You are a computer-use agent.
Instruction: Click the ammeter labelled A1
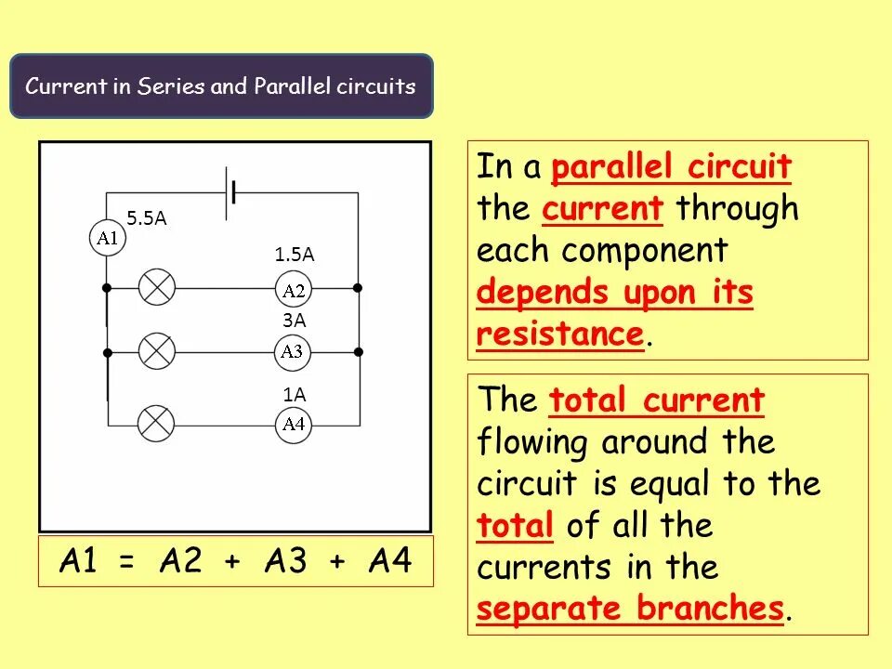click(108, 238)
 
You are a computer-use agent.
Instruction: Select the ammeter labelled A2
click(294, 291)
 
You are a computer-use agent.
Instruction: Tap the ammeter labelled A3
click(293, 351)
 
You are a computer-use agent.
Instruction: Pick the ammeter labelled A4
click(294, 425)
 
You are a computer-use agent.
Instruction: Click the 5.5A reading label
click(147, 217)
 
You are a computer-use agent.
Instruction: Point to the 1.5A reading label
click(294, 254)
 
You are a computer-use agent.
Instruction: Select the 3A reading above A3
click(295, 320)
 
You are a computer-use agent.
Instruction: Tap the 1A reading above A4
click(295, 394)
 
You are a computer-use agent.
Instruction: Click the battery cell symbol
click(231, 193)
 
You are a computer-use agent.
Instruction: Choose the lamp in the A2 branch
click(157, 288)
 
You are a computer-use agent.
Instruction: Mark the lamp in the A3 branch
click(157, 351)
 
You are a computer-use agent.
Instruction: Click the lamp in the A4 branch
click(156, 425)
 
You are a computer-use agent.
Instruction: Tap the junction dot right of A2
click(359, 288)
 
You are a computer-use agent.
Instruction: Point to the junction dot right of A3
click(359, 352)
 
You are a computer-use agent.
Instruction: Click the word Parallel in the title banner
click(287, 86)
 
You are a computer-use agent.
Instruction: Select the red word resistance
click(559, 334)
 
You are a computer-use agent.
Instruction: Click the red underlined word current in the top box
click(603, 208)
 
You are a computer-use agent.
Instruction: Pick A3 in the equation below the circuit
click(285, 561)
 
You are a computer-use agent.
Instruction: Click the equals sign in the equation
click(126, 563)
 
